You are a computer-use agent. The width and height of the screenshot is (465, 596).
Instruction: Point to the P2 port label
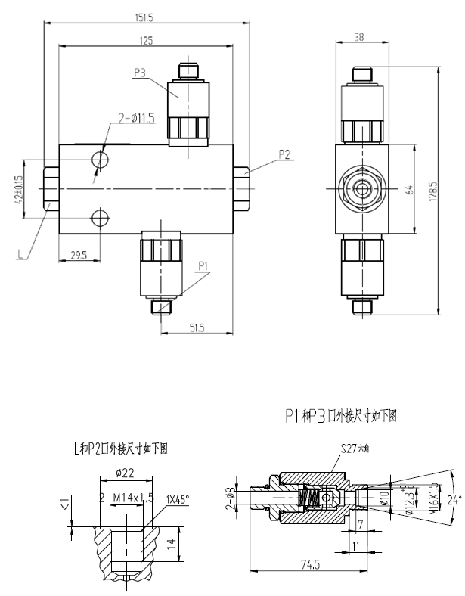pyautogui.click(x=285, y=154)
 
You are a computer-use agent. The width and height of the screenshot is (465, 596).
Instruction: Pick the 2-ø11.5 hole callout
pyautogui.click(x=136, y=118)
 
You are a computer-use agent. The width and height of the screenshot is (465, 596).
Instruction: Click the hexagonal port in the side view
pyautogui.click(x=362, y=187)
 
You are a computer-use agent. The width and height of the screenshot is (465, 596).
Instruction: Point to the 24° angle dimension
pyautogui.click(x=453, y=500)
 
